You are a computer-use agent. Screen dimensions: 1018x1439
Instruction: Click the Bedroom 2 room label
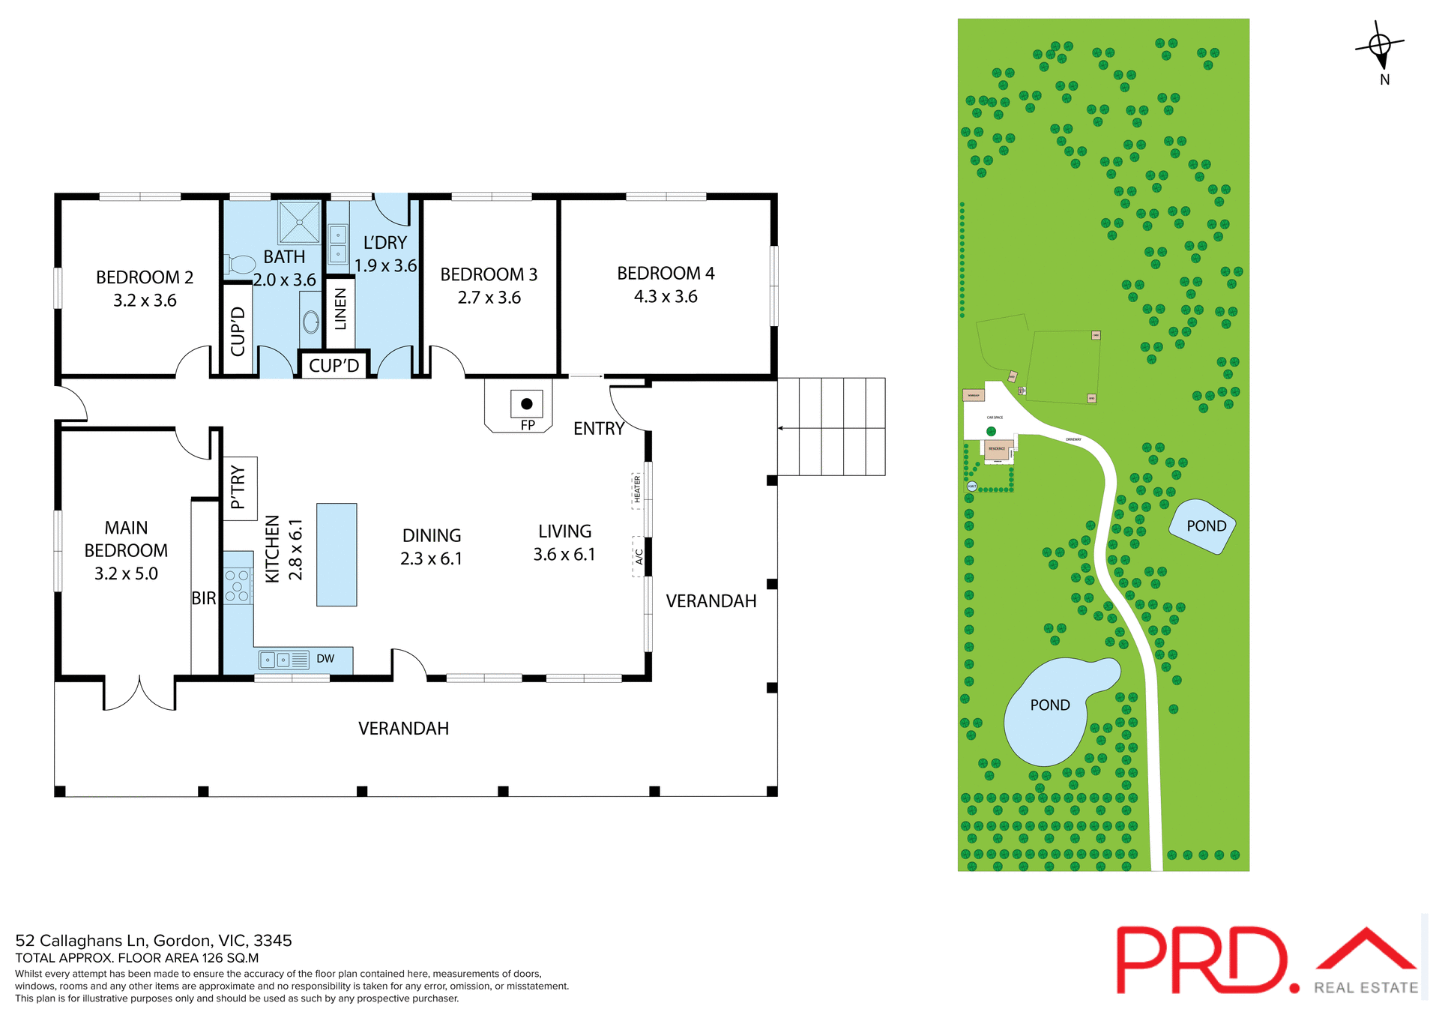[145, 278]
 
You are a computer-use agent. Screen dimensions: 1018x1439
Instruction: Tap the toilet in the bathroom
[241, 264]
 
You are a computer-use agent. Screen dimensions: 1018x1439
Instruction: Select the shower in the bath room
[299, 222]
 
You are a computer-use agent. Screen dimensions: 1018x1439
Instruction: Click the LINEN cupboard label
[340, 310]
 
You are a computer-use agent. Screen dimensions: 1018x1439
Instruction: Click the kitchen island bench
[337, 555]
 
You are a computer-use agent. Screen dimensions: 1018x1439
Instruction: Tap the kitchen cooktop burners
[238, 586]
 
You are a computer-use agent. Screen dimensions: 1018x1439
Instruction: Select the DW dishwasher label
[325, 659]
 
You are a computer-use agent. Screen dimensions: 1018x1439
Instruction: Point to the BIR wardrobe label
[203, 598]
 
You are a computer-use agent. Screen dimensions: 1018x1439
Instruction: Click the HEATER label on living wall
[638, 490]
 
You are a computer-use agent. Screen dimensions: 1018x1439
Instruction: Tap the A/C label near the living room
[639, 556]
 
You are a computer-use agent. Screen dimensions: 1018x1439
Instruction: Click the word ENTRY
[598, 429]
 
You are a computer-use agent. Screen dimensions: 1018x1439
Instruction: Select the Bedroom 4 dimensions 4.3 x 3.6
[666, 297]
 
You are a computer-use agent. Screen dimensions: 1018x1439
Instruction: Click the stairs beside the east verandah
[831, 427]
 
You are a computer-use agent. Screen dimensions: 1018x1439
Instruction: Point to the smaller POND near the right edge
[1202, 526]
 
